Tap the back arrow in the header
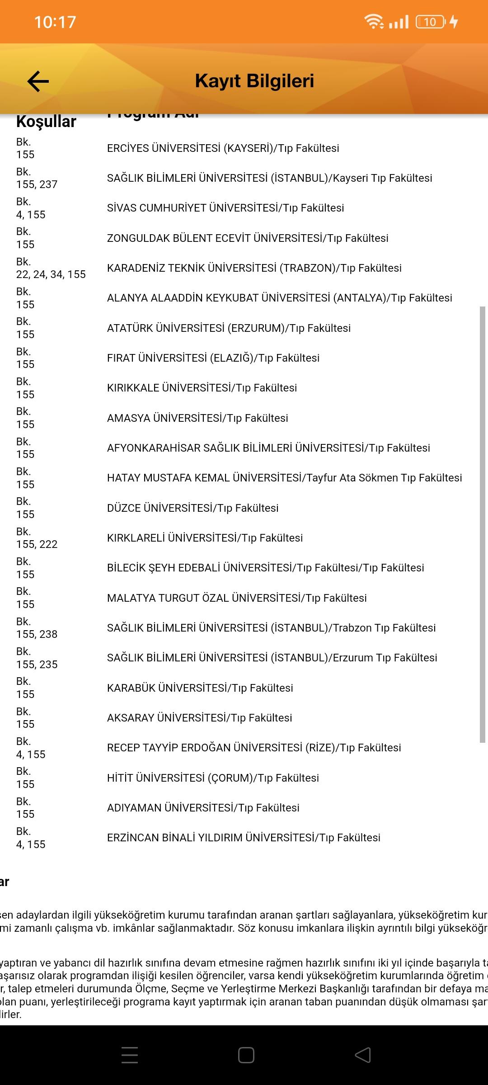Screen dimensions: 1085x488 pos(38,81)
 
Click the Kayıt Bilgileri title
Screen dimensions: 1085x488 pos(254,81)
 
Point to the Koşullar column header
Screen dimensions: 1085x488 pos(46,122)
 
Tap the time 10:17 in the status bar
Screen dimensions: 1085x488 pos(55,22)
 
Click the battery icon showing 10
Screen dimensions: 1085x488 pos(430,22)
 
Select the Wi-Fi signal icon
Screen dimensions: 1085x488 pos(374,21)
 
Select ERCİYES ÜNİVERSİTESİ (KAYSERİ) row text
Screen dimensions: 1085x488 pos(223,148)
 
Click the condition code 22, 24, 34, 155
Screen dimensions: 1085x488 pos(51,274)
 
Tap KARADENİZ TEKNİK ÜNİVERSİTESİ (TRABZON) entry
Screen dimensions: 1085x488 pos(254,268)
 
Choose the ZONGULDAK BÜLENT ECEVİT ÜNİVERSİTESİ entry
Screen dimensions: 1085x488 pos(247,238)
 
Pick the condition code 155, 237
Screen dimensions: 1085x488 pos(37,184)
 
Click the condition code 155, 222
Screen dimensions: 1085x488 pos(37,544)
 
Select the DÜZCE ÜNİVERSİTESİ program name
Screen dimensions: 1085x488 pos(192,508)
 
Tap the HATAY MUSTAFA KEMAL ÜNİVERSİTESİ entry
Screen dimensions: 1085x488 pos(284,478)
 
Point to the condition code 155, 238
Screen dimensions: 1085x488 pos(37,634)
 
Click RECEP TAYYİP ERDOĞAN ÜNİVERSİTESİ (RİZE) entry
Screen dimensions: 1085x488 pos(253,748)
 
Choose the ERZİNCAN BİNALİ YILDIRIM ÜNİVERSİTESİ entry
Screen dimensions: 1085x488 pos(244,838)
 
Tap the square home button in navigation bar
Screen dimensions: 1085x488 pos(246,1055)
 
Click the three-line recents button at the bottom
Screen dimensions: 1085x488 pos(130,1055)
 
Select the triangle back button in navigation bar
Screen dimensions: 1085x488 pos(363,1055)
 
